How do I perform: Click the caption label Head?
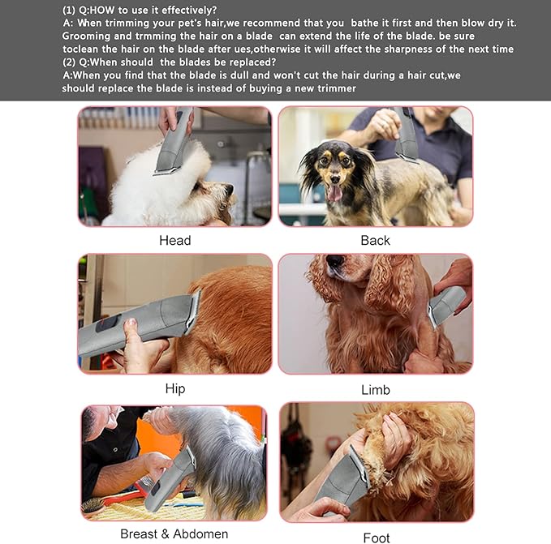click(174, 240)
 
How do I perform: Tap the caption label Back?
click(375, 240)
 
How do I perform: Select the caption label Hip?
click(174, 388)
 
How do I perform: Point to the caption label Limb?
click(375, 390)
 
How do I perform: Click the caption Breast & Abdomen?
click(174, 533)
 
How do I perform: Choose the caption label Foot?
click(376, 538)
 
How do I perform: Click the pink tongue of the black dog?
click(334, 192)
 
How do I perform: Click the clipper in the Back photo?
click(406, 135)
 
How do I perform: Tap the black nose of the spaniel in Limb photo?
click(334, 262)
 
